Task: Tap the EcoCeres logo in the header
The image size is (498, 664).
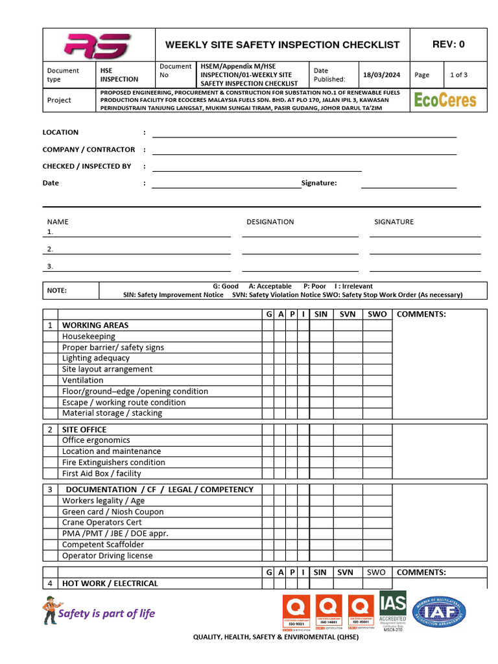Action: pyautogui.click(x=445, y=100)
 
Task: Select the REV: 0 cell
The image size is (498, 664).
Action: pyautogui.click(x=448, y=45)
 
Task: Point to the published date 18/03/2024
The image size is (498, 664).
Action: pyautogui.click(x=382, y=75)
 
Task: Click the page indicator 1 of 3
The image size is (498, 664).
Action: pyautogui.click(x=458, y=75)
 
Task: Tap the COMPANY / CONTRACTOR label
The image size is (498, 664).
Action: pyautogui.click(x=89, y=149)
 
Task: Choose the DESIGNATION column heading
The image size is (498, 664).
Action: pyautogui.click(x=270, y=222)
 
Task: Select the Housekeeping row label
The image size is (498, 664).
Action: pyautogui.click(x=89, y=337)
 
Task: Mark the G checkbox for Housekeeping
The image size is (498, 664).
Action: pyautogui.click(x=268, y=337)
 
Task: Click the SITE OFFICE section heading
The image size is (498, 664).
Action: pyautogui.click(x=84, y=429)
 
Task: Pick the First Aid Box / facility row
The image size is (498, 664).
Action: pyautogui.click(x=101, y=473)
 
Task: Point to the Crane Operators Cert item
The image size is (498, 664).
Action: pyautogui.click(x=102, y=522)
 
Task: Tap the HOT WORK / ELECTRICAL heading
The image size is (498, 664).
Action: pyautogui.click(x=110, y=584)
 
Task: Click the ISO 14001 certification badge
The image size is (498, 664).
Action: pyautogui.click(x=328, y=613)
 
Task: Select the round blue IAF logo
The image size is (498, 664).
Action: pyautogui.click(x=439, y=611)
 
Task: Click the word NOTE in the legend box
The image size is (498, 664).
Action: pyautogui.click(x=57, y=290)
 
